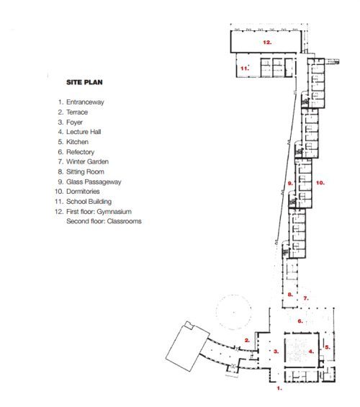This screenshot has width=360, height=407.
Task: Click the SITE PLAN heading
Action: pos(84,82)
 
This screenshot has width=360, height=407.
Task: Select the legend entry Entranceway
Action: pos(85,102)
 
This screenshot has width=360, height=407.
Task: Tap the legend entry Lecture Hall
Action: pos(84,132)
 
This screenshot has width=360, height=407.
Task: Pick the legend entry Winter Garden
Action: pos(87,161)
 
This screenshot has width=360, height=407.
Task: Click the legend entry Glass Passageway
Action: pos(94,182)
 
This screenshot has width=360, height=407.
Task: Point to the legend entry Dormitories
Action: pos(83,192)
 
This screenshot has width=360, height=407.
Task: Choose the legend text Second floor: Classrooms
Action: pos(104,221)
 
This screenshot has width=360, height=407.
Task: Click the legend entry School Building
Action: pos(89,202)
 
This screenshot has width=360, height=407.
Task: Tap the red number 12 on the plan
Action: pos(267,42)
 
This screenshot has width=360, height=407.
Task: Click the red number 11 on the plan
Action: pos(245,68)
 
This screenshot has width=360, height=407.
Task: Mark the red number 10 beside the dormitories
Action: pos(320,183)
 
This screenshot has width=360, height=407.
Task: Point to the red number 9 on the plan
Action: pos(290,183)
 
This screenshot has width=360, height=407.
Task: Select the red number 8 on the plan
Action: pos(290,295)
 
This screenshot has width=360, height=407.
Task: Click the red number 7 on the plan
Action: pos(306,298)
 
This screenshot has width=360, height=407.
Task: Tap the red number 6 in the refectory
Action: pos(300,321)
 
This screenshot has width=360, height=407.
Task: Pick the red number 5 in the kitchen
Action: pos(328,347)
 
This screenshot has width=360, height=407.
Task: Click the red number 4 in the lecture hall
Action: pos(311,352)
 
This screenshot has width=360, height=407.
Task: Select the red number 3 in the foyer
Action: pos(276,352)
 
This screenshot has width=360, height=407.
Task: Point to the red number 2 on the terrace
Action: pos(247,340)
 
